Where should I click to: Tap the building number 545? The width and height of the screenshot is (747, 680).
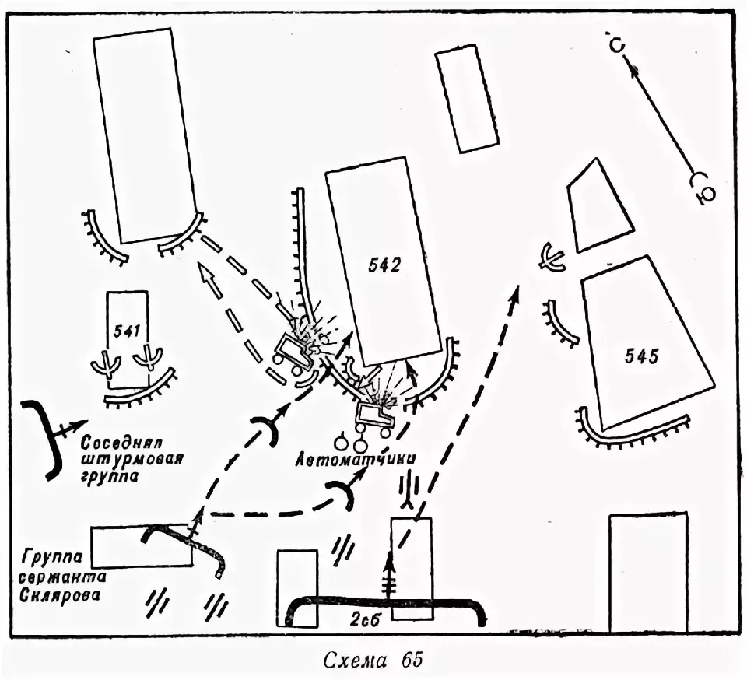(643, 357)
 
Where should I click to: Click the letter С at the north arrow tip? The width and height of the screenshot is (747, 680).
(615, 45)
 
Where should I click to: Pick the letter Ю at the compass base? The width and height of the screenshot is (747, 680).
(703, 195)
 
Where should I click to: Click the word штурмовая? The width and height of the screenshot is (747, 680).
(132, 458)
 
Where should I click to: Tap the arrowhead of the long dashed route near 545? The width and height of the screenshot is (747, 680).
(515, 290)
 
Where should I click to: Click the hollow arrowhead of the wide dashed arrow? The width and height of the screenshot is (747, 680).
(204, 274)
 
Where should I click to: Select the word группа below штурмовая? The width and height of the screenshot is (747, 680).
(112, 477)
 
